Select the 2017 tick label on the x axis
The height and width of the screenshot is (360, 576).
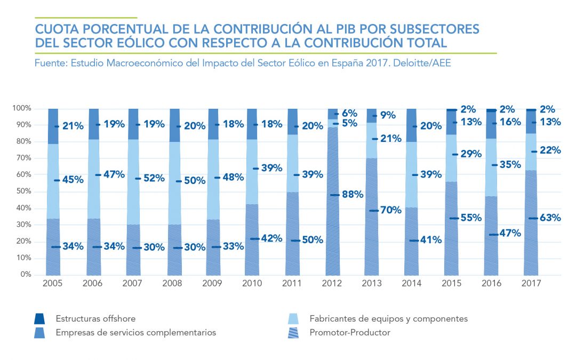point(531,283)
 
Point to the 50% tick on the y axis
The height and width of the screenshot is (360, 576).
point(22,191)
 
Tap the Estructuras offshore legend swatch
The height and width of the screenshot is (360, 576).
point(39,319)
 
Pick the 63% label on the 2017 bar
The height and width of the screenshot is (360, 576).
point(550,218)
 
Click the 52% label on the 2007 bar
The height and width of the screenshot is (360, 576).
point(153,178)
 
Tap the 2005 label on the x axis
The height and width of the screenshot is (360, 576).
point(52,283)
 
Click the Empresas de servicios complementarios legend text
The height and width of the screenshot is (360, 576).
point(135,332)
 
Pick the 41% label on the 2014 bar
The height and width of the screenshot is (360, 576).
point(431,240)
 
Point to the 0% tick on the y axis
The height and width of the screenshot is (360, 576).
point(25,275)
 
